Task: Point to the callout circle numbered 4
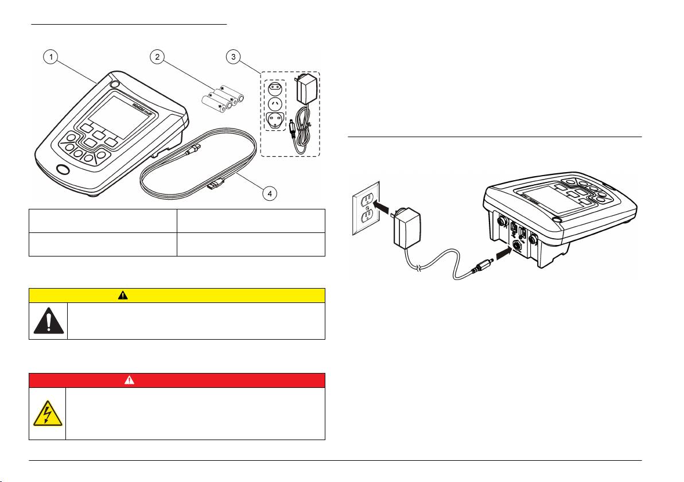[269, 193]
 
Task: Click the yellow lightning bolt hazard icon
[48, 414]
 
